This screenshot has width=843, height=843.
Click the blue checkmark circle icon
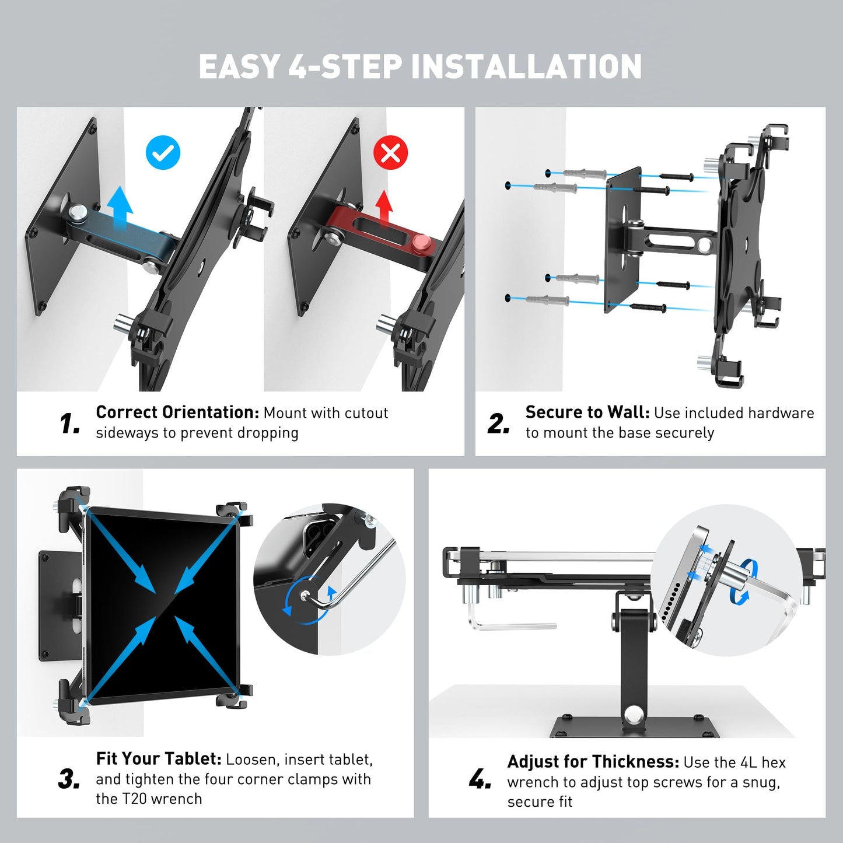163,153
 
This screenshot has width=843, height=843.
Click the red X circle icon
390,153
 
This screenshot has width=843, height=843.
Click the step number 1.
70,424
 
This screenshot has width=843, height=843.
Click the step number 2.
499,424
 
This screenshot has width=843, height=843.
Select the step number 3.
69,779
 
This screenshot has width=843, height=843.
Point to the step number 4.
480,779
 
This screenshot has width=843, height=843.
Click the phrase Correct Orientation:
177,412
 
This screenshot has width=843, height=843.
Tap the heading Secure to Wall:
587,412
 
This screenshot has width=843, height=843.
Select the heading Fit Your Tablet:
159,759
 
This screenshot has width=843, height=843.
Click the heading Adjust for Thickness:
593,762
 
